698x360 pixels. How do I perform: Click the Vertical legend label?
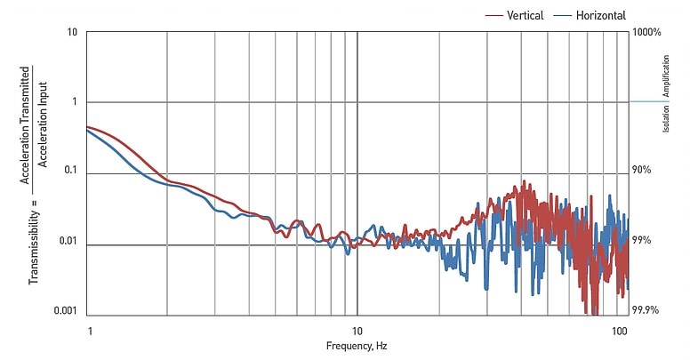pos(525,15)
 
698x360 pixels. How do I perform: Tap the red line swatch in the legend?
pos(494,15)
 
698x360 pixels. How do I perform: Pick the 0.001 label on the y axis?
pos(64,311)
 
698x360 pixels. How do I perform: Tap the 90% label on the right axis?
pos(642,171)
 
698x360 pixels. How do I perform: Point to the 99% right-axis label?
pos(642,241)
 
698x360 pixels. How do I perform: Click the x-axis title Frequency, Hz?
pos(356,346)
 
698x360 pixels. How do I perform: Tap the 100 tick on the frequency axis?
pos(621,330)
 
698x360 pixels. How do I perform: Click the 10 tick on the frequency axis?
pos(357,330)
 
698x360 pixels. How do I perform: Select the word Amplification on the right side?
pos(665,76)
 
